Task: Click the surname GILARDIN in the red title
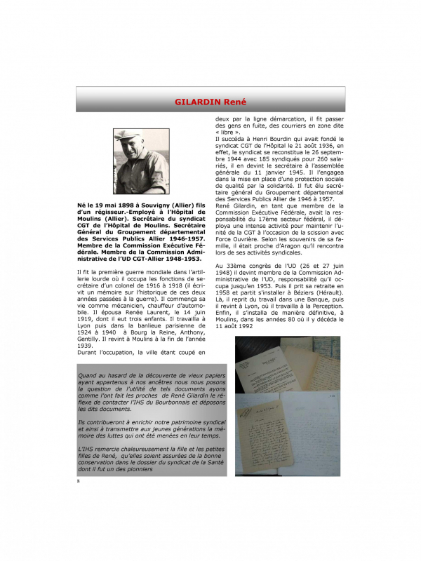pyautogui.click(x=200, y=103)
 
